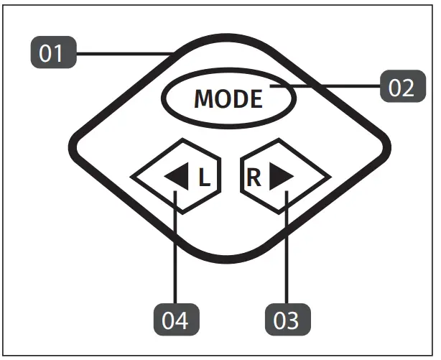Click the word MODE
[x=228, y=99]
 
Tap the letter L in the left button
[x=205, y=177]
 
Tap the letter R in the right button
[x=254, y=177]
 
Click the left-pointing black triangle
[x=177, y=177]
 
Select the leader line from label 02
[x=327, y=86]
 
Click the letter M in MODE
[x=205, y=99]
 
